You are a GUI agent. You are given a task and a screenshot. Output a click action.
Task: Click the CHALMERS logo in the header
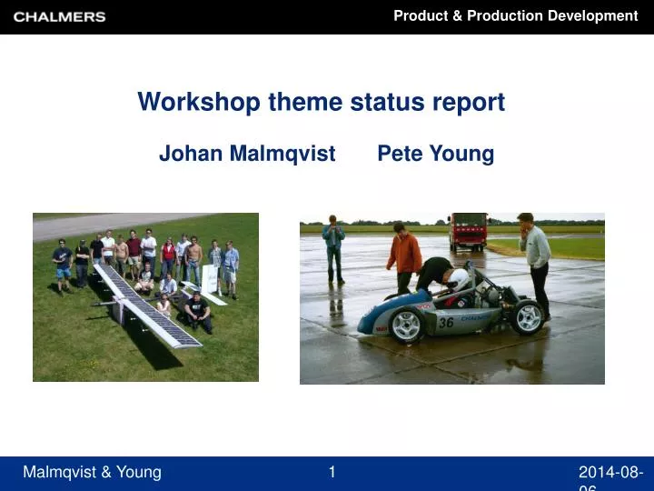pyautogui.click(x=60, y=16)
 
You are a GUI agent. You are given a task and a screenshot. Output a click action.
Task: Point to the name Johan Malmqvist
pyautogui.click(x=247, y=154)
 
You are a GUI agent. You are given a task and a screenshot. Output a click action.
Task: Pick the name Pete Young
pyautogui.click(x=435, y=154)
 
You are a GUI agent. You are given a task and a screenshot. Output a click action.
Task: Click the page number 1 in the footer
pyautogui.click(x=332, y=471)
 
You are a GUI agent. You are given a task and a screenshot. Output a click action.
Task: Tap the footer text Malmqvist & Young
pyautogui.click(x=92, y=472)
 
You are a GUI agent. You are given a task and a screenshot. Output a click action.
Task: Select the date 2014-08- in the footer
pyautogui.click(x=611, y=472)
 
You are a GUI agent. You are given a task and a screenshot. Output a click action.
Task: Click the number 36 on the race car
pyautogui.click(x=446, y=323)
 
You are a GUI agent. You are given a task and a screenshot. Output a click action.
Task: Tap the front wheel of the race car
pyautogui.click(x=408, y=325)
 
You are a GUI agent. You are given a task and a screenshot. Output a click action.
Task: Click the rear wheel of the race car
pyautogui.click(x=527, y=317)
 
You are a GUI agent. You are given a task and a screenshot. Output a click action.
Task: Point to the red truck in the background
pyautogui.click(x=468, y=231)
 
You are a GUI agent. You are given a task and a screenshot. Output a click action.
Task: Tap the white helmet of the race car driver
pyautogui.click(x=461, y=279)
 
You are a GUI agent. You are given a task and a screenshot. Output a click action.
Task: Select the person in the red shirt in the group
pyautogui.click(x=168, y=256)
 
